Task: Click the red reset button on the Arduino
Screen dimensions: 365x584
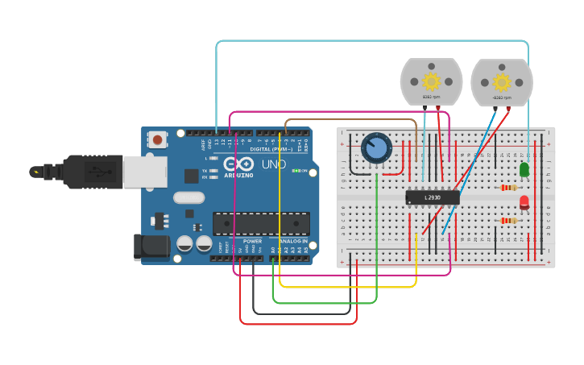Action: (x=158, y=139)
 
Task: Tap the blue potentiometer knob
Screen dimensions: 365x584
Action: (x=375, y=148)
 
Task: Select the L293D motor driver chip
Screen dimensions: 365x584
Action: (x=433, y=197)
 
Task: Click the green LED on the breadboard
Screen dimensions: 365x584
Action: (x=524, y=169)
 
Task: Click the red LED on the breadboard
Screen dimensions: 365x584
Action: (x=524, y=202)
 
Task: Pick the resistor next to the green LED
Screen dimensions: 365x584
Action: (x=508, y=188)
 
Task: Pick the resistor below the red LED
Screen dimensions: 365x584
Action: (x=508, y=220)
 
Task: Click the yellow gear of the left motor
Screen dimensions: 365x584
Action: (x=431, y=81)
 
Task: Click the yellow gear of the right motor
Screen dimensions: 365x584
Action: (x=502, y=81)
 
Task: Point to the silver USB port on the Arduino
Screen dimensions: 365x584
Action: (x=145, y=171)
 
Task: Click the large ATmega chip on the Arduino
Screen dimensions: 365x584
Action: (x=261, y=224)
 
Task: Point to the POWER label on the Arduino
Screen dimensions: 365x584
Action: (x=252, y=241)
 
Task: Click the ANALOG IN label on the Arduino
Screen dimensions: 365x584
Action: (x=293, y=241)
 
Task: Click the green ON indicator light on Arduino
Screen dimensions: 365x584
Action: (x=296, y=171)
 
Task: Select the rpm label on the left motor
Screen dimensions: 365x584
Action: (x=431, y=97)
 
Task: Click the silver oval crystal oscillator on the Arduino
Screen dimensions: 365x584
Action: (x=188, y=197)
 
